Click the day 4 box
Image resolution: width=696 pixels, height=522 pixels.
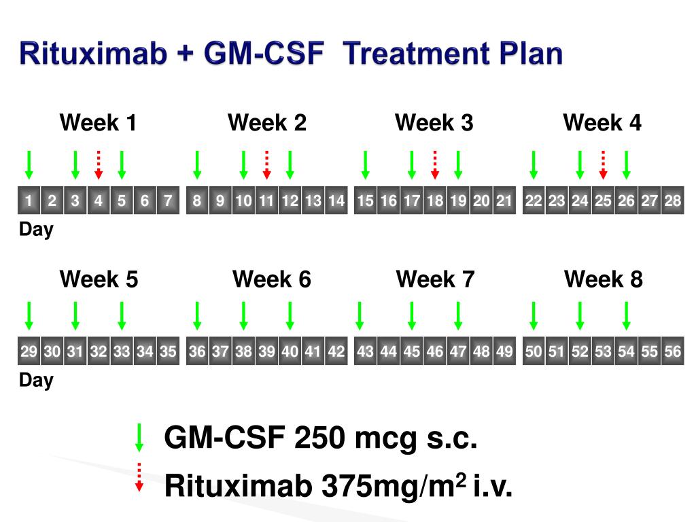(x=99, y=201)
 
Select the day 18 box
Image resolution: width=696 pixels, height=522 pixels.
(x=435, y=201)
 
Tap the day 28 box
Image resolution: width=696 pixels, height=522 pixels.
(x=673, y=201)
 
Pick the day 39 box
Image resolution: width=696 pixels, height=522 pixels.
(x=267, y=351)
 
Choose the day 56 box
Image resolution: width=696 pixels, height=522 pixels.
(x=673, y=351)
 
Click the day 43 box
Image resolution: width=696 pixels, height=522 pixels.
(x=365, y=351)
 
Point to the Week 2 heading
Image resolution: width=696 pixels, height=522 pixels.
(x=267, y=123)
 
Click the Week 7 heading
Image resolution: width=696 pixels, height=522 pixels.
(x=435, y=279)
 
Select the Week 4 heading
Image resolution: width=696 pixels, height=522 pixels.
(x=602, y=123)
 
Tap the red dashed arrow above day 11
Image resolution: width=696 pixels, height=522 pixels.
(x=267, y=164)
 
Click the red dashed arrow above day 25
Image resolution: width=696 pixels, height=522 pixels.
(x=603, y=164)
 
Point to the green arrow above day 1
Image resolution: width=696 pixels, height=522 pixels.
(x=29, y=164)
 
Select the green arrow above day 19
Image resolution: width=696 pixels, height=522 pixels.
(x=458, y=164)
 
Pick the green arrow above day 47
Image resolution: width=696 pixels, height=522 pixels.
(x=458, y=315)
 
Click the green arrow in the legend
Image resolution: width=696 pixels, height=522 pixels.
(x=139, y=437)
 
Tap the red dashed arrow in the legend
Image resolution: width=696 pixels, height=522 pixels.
(x=139, y=476)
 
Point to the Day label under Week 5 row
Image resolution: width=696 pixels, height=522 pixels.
(x=36, y=381)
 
